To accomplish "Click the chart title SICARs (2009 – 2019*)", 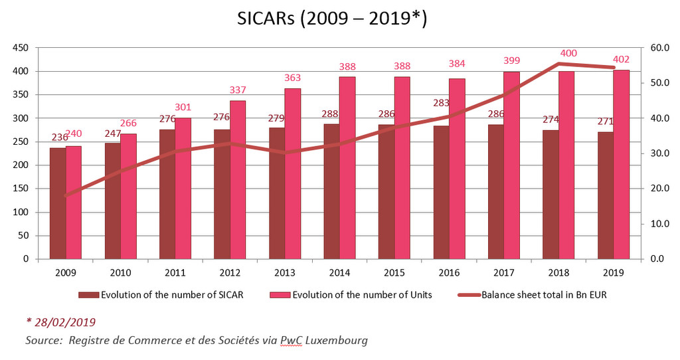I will [x=332, y=19].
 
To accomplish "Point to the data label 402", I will [x=621, y=60].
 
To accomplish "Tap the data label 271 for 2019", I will [x=605, y=122].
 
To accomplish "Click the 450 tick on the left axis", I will [x=19, y=48].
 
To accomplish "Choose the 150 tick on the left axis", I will [x=19, y=189].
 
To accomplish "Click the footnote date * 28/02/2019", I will [x=60, y=322].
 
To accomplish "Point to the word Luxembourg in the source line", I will [x=331, y=341].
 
